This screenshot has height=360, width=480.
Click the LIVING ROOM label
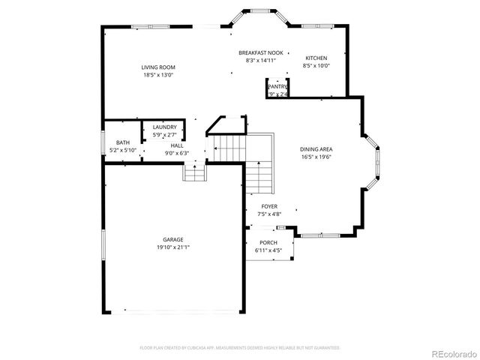158,67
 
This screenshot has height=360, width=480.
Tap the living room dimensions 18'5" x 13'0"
158,75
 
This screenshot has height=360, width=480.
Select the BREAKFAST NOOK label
260,52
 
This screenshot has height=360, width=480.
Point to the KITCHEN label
316,58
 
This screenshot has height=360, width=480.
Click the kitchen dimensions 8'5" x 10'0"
316,66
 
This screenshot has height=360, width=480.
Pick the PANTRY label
277,87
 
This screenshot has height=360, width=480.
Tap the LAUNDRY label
164,127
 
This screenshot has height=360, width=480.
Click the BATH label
121,143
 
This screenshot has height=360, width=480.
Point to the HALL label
176,145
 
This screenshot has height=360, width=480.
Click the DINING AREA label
316,149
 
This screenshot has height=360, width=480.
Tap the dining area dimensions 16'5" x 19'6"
316,157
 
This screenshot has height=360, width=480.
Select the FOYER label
269,206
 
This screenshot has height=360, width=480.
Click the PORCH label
268,242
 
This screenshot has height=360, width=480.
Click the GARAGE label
173,239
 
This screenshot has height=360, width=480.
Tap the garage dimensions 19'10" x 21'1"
173,247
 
